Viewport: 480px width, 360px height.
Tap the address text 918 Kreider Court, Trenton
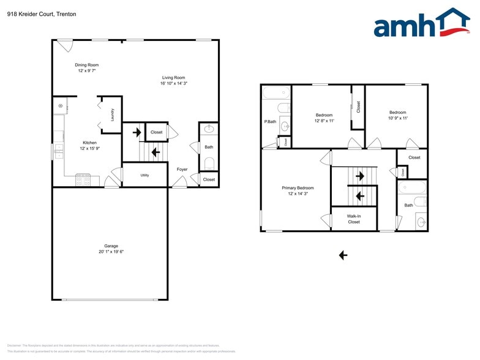point(42,14)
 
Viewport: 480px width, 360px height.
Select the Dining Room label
point(86,65)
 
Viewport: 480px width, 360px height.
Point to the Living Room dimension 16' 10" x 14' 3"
point(173,84)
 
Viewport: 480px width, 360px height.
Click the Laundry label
point(113,114)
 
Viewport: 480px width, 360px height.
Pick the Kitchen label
point(89,143)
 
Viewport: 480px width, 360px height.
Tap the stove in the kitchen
point(83,181)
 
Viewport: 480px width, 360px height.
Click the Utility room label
point(144,175)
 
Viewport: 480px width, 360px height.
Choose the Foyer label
point(182,169)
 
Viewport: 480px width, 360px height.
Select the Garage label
point(111,246)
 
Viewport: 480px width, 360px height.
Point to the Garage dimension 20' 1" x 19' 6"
point(111,252)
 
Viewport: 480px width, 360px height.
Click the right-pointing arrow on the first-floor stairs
point(137,132)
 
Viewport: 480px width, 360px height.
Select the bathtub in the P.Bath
point(276,94)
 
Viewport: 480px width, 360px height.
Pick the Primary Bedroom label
point(298,188)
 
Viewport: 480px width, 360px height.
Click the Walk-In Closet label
point(353,219)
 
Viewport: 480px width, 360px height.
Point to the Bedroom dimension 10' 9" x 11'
point(397,118)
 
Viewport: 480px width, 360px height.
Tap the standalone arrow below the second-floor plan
point(343,255)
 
